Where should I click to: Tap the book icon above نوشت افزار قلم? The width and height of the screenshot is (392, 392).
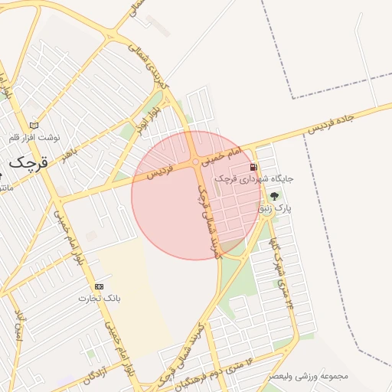tap(33, 125)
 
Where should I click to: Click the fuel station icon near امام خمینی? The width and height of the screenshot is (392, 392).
tap(253, 167)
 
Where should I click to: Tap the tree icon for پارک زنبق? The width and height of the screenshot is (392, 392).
tap(274, 196)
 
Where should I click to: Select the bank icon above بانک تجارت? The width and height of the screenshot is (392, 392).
tap(99, 286)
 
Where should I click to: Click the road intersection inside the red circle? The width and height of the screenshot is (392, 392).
tap(197, 162)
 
